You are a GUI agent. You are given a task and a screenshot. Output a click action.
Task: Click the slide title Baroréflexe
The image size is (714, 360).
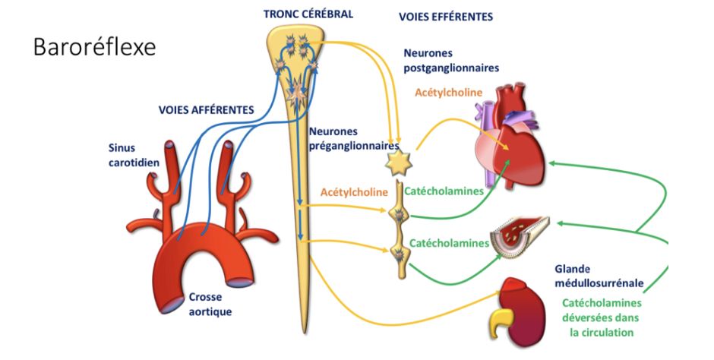(x=94, y=47)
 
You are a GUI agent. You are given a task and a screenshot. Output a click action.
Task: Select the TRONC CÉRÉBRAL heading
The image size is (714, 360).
(x=308, y=14)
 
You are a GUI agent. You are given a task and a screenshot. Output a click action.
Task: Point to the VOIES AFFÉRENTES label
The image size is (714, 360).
(x=206, y=109)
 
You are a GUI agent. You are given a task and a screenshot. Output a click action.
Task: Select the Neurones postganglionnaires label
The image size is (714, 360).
(x=451, y=61)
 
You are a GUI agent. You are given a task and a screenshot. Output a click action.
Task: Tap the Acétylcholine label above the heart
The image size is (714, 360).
(x=449, y=92)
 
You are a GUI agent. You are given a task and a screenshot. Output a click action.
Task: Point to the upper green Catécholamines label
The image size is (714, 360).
(x=444, y=191)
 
